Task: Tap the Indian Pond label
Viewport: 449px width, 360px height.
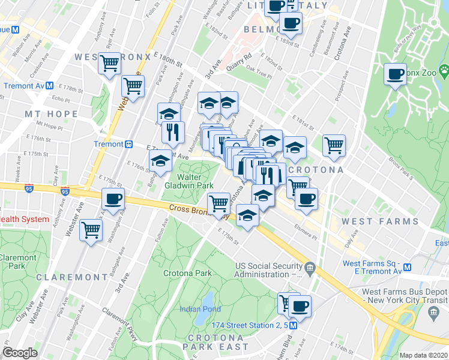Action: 200,309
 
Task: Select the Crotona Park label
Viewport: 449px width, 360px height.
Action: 187,273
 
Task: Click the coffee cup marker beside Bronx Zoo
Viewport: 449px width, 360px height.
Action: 396,74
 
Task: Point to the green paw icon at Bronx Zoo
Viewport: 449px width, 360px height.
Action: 444,70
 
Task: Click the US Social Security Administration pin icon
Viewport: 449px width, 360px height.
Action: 309,267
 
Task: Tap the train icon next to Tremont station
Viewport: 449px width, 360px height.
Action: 128,144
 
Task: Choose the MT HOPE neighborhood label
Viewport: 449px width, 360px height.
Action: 51,113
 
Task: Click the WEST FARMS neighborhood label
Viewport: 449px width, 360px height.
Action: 380,221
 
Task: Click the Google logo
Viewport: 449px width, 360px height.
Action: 20,353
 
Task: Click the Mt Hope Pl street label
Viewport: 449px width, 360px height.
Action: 49,127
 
